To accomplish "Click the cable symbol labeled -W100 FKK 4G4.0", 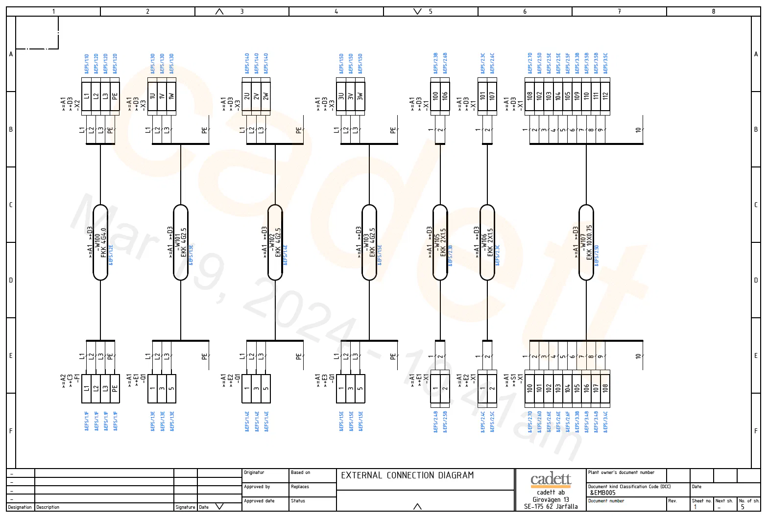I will [x=100, y=242].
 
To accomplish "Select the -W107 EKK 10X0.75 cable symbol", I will [x=586, y=242].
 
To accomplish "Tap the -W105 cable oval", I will [x=440, y=242].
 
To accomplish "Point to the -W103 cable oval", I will [x=369, y=242].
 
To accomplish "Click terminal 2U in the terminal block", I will [x=247, y=96].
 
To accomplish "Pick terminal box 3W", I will [x=360, y=96].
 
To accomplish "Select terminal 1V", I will [x=162, y=96].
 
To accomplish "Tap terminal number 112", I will [x=605, y=96].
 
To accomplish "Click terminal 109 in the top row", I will [x=577, y=96].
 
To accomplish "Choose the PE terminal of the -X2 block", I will [x=115, y=96].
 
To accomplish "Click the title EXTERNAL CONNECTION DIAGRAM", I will [x=407, y=475].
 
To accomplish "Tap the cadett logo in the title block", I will [x=551, y=480].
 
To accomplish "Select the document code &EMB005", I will [x=602, y=493].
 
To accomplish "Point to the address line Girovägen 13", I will [x=551, y=499].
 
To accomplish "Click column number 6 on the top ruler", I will [x=525, y=11].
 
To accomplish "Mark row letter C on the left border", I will [x=11, y=205].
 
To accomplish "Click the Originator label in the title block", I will [x=254, y=472].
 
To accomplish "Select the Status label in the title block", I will [x=298, y=501].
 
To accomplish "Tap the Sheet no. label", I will [x=701, y=501].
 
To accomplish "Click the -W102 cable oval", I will [x=275, y=242].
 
